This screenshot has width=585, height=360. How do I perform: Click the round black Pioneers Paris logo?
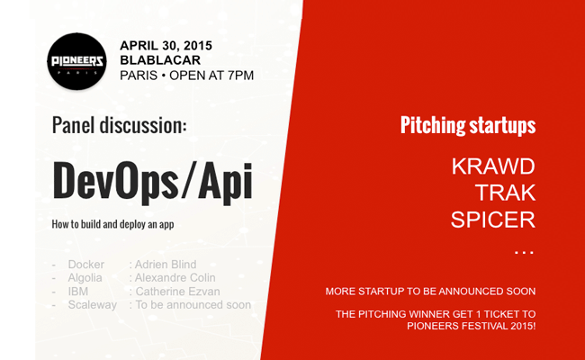pyautogui.click(x=76, y=61)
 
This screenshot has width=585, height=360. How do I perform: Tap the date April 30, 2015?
pyautogui.click(x=166, y=46)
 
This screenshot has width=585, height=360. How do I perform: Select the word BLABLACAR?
pyautogui.click(x=160, y=60)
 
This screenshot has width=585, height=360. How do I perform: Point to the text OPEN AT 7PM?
pyautogui.click(x=211, y=76)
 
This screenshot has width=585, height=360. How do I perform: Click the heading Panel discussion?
pyautogui.click(x=119, y=125)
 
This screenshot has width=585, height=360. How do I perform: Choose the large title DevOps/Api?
pyautogui.click(x=153, y=182)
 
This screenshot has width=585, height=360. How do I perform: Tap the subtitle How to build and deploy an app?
pyautogui.click(x=112, y=224)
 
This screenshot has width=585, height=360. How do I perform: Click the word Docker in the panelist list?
pyautogui.click(x=85, y=265)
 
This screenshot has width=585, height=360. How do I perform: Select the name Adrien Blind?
pyautogui.click(x=166, y=265)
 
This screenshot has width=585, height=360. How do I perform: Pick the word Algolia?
pyautogui.click(x=85, y=278)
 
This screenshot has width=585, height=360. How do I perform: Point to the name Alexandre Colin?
pyautogui.click(x=175, y=278)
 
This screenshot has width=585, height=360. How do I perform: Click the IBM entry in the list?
pyautogui.click(x=78, y=292)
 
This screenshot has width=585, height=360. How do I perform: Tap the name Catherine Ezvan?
pyautogui.click(x=177, y=292)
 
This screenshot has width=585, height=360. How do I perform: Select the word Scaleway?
pyautogui.click(x=92, y=305)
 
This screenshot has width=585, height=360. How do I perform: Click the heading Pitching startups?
pyautogui.click(x=468, y=125)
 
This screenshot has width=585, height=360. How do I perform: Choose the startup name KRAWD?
pyautogui.click(x=493, y=166)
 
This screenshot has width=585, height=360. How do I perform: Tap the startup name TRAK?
pyautogui.click(x=505, y=193)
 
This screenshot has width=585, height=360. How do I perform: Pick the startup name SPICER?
pyautogui.click(x=493, y=220)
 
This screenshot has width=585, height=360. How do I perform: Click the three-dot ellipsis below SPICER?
pyautogui.click(x=524, y=253)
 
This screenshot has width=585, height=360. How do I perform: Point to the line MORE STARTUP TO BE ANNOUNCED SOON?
pyautogui.click(x=430, y=292)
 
